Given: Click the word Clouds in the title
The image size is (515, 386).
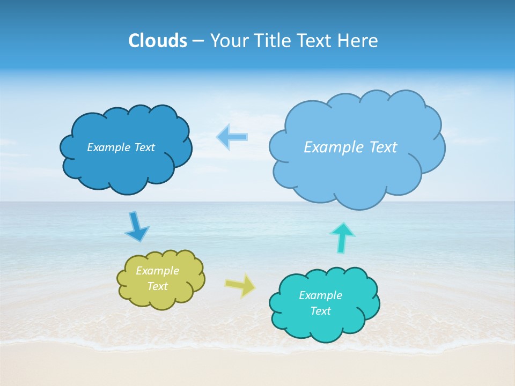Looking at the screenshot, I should point(158,41).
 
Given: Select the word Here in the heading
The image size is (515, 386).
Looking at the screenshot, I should point(358,41).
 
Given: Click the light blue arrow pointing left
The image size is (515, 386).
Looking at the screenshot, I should point(233,137).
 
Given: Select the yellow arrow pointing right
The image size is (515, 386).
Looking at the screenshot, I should point(240,285).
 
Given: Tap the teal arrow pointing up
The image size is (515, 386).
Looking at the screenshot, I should point(342,237).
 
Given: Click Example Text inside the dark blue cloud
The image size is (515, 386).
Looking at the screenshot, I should point(121,147).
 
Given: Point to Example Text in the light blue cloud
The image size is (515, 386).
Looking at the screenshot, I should point(350,147).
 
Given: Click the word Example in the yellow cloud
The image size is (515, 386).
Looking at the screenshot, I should point(157,271).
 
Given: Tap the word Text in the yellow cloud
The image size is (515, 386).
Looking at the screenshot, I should point(157,286).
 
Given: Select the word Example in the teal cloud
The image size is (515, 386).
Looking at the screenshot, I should point(320,295).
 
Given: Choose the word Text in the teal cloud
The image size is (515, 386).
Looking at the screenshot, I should point(320,311).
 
